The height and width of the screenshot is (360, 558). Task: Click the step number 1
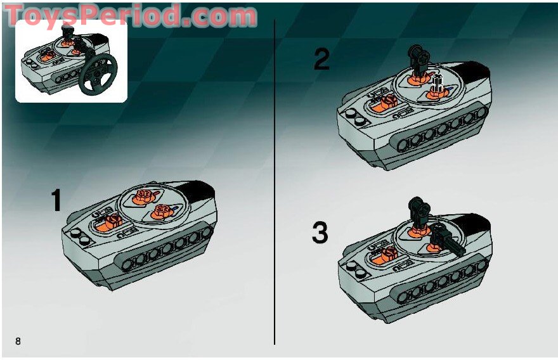(56, 200)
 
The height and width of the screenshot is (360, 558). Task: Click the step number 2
(321, 59)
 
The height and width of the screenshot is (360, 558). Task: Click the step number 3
(320, 233)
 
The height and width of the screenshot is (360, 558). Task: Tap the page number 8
(18, 341)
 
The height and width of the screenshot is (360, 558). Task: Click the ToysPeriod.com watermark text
(130, 15)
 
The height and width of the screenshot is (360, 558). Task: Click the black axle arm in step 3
(448, 239)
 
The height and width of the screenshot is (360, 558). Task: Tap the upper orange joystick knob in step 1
(144, 196)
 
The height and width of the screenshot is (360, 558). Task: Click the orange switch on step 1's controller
(112, 222)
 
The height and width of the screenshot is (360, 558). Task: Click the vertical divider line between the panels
(275, 181)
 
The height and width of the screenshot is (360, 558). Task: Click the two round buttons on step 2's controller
(356, 117)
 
